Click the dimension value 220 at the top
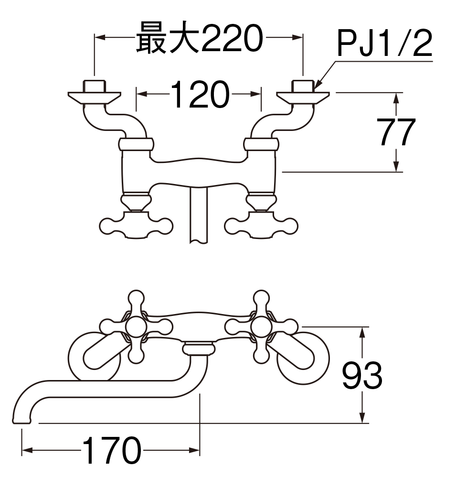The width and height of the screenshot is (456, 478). coord(232,38)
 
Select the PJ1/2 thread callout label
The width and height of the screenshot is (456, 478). coord(384,44)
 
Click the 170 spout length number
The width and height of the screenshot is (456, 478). coord(112,451)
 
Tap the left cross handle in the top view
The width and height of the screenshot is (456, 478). coord(136,224)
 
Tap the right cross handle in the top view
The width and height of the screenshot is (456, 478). coord(260,224)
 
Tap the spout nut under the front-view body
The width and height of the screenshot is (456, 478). coord(198,348)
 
